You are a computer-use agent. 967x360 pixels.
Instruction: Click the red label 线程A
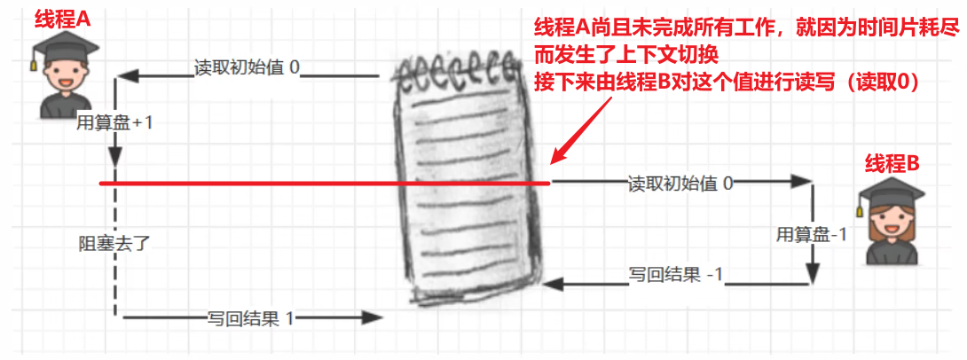coord(63,19)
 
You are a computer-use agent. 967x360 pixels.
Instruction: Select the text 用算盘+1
coord(114,122)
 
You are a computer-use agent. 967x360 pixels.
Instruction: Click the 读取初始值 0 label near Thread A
coord(248,68)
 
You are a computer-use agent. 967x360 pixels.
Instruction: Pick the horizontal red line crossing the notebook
coord(266,184)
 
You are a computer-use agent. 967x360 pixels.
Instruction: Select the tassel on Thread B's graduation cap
coord(860,206)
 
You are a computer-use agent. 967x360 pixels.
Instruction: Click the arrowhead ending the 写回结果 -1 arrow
coord(553,284)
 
